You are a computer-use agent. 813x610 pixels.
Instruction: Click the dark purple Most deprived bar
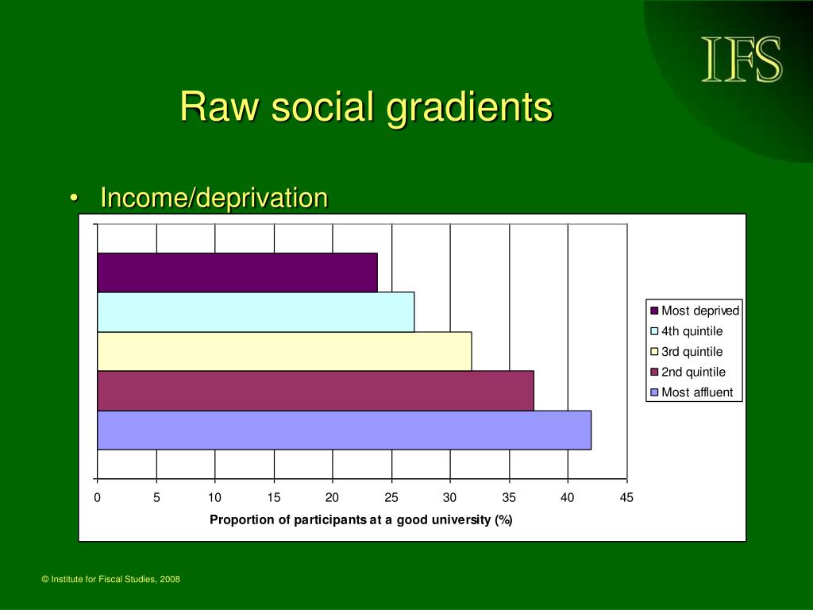237,272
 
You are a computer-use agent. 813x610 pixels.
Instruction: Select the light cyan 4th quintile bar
256,311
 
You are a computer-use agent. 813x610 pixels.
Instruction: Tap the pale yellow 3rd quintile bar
285,351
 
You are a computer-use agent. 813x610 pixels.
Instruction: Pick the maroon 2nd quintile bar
316,391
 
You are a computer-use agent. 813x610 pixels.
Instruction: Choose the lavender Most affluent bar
345,430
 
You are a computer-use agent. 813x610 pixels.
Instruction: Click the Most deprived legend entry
694,311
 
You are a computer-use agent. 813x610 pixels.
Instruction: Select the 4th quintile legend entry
687,331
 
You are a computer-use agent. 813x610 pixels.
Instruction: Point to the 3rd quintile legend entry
687,352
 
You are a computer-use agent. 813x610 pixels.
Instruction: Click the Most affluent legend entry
692,392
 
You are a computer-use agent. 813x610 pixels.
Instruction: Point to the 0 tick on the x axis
97,497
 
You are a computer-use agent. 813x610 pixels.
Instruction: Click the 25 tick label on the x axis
391,497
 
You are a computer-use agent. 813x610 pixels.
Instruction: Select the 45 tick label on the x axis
626,497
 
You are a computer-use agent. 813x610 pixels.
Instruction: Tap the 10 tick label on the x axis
214,497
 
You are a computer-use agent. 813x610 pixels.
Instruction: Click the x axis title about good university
361,519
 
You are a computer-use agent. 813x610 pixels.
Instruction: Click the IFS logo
742,59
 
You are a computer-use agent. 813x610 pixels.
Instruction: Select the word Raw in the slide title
219,107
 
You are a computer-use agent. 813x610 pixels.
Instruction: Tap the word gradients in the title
470,108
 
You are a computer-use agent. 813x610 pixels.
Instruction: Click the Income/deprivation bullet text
214,198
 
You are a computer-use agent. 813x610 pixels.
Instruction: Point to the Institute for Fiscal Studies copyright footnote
111,579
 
